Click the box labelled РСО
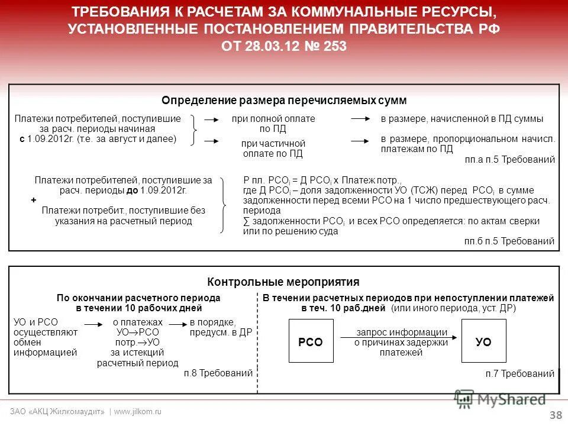[x=311, y=341]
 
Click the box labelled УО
[x=483, y=341]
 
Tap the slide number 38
[x=556, y=415]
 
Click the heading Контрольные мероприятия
[x=283, y=282]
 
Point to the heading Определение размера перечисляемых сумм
[x=284, y=101]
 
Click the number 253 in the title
[x=335, y=46]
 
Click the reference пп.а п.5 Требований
[x=510, y=159]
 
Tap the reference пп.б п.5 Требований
[x=510, y=241]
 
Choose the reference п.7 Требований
[x=519, y=373]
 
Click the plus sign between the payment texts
[x=34, y=201]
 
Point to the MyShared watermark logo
[x=500, y=399]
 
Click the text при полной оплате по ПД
[x=273, y=123]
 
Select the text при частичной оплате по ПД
[x=273, y=149]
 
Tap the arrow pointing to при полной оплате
[x=211, y=120]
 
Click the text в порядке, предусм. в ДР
[x=221, y=327]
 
